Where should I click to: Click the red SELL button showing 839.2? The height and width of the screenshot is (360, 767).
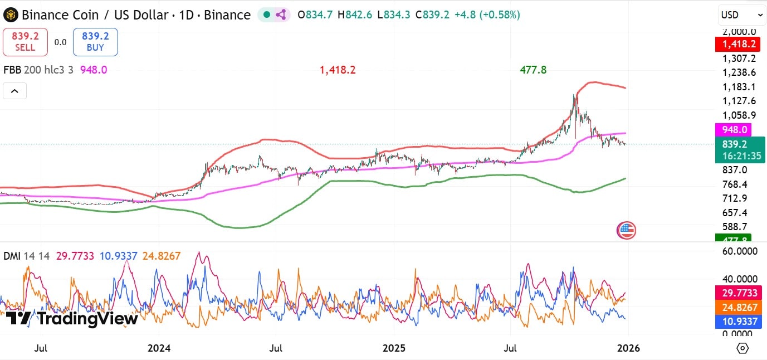coord(25,42)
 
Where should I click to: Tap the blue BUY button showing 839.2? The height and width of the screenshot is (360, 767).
coord(95,42)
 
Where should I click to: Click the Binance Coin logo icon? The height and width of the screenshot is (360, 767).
coord(11,15)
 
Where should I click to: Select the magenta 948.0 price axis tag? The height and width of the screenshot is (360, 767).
coord(732,130)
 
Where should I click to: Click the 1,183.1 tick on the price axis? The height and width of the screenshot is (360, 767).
coord(739,87)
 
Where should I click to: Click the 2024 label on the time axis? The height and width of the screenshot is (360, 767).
coord(159,348)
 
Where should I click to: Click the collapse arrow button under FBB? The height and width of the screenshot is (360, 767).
coord(14,91)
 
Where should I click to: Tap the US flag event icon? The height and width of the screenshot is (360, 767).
coord(627,230)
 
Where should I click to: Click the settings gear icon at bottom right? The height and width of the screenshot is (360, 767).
coord(742,348)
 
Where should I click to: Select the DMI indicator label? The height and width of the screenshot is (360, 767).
coord(12,256)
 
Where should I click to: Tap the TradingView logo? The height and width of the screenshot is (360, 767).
coord(72,319)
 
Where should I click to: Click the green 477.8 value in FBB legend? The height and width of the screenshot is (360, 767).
coord(533,70)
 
